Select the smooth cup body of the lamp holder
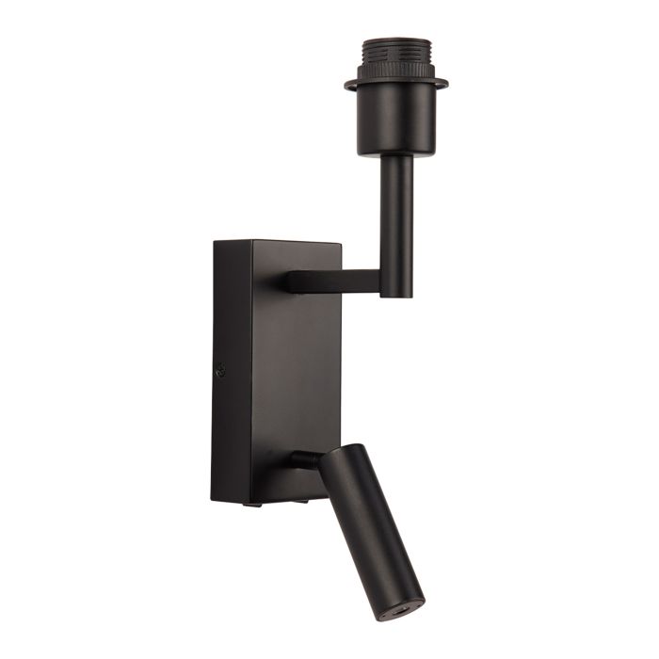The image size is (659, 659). (396, 122)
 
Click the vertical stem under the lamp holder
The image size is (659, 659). (396, 217)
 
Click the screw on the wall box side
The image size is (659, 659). (222, 371)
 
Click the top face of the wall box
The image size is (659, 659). (278, 244)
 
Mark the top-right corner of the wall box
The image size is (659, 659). (341, 243)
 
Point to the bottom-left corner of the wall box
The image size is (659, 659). (213, 500)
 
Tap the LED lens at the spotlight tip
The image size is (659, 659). (406, 612)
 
